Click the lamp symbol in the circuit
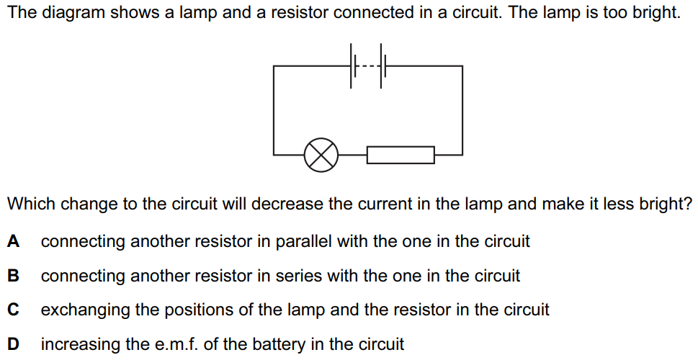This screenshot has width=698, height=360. click(x=321, y=154)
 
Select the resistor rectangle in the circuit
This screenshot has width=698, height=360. click(x=401, y=154)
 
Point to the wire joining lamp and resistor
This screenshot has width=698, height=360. click(x=353, y=154)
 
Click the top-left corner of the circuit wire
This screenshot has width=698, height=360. click(x=274, y=66)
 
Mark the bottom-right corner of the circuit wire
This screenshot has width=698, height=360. click(x=462, y=154)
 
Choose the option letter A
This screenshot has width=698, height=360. click(x=13, y=242)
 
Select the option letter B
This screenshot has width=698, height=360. click(x=13, y=276)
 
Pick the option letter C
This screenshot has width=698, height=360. click(x=13, y=310)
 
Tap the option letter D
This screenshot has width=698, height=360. click(x=13, y=345)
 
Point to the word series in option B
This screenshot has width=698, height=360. click(x=295, y=276)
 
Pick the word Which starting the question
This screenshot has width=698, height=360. click(x=30, y=204)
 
